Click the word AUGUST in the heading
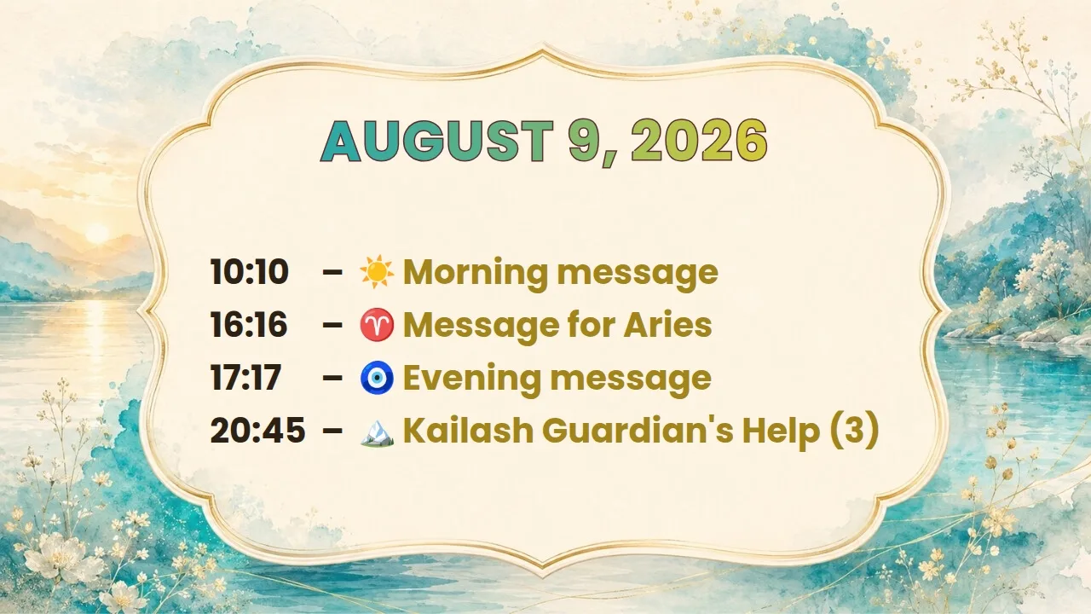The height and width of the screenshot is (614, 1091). [x=437, y=141]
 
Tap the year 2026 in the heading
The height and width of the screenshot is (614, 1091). [x=700, y=141]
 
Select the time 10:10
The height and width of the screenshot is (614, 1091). [x=250, y=271]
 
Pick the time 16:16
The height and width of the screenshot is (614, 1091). [x=249, y=325]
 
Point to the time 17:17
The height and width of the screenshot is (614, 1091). [x=245, y=378]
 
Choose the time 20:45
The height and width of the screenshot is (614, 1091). [x=257, y=431]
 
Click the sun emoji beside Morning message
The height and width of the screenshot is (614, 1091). [x=377, y=271]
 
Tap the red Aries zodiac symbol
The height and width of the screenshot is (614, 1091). [x=377, y=325]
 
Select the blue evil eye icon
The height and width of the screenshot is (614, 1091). [x=377, y=378]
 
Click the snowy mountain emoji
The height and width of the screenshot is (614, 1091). [x=377, y=432]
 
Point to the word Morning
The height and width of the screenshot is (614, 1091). [x=476, y=273]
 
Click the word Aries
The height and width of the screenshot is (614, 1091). [x=667, y=325]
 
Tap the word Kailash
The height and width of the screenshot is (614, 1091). [x=469, y=431]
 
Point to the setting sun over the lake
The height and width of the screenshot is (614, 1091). [x=97, y=233]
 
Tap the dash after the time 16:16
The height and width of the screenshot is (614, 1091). [x=332, y=325]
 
